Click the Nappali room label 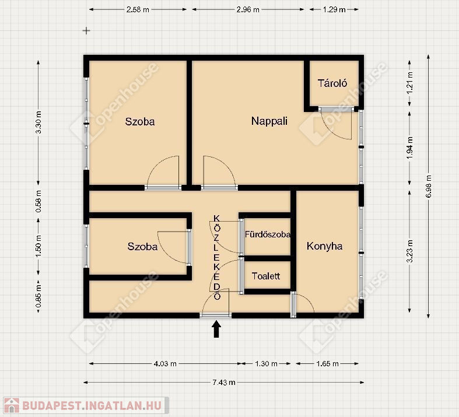coord(269,121)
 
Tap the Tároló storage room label coord(332,83)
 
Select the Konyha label coord(324,246)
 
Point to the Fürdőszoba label coord(268,234)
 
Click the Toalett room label coord(266,276)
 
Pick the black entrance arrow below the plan coord(216,329)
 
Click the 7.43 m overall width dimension coord(224,382)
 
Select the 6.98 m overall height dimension coord(429,186)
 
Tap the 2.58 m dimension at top coord(138,10)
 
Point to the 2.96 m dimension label coord(248,10)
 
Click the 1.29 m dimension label coord(334,10)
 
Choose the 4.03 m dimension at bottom coord(165,364)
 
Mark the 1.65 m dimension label coord(327,364)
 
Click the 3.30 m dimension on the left coord(38,122)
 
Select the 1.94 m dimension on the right coord(409,148)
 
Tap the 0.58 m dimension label coord(38,202)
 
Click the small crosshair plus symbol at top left coord(86,30)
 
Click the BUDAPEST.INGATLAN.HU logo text coord(92,405)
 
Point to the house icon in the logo coord(12,405)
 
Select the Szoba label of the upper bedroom coord(140,122)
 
